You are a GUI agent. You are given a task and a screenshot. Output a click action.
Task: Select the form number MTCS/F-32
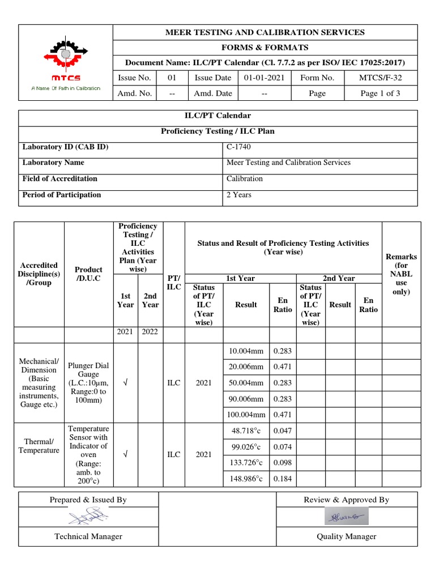pyautogui.click(x=381, y=78)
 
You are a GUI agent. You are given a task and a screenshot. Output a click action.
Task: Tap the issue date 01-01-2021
pyautogui.click(x=264, y=78)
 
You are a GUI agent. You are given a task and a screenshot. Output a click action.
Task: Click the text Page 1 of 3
pyautogui.click(x=381, y=93)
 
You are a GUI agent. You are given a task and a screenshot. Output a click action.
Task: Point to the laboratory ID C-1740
pyautogui.click(x=238, y=147)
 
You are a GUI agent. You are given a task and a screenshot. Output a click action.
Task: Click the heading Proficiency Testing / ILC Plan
pyautogui.click(x=218, y=131)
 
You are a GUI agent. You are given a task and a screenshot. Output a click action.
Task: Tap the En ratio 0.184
pyautogui.click(x=283, y=479)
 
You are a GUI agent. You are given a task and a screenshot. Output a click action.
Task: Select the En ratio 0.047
pyautogui.click(x=283, y=431)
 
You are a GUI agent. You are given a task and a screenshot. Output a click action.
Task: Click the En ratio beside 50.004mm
pyautogui.click(x=283, y=383)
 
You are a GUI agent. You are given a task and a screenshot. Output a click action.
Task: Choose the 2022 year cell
pyautogui.click(x=150, y=332)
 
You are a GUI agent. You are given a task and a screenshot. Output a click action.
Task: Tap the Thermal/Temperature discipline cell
pyautogui.click(x=39, y=446)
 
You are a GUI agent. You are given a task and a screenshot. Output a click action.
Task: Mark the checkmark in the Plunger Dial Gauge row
pyautogui.click(x=126, y=383)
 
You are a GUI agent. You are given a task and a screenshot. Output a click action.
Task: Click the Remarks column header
pyautogui.click(x=401, y=274)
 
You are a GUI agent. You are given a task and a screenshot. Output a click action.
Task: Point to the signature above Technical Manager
pyautogui.click(x=88, y=516)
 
